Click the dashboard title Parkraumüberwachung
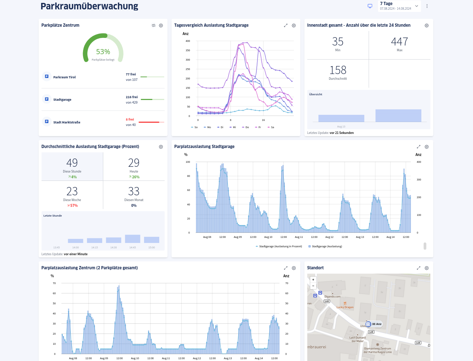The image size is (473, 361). click(89, 6)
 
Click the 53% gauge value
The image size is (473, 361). click(103, 52)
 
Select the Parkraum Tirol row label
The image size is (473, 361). click(64, 77)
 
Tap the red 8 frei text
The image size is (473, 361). click(130, 119)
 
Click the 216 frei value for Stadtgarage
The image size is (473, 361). click(131, 97)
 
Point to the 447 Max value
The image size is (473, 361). click(399, 42)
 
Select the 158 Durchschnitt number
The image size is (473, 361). click(338, 70)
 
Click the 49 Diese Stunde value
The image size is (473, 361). click(72, 163)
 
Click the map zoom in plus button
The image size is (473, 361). click(313, 280)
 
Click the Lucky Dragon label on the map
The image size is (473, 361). click(345, 307)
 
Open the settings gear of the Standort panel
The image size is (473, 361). click(426, 268)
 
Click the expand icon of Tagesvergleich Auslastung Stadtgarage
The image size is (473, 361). click(286, 26)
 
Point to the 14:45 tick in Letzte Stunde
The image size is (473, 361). click(133, 248)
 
